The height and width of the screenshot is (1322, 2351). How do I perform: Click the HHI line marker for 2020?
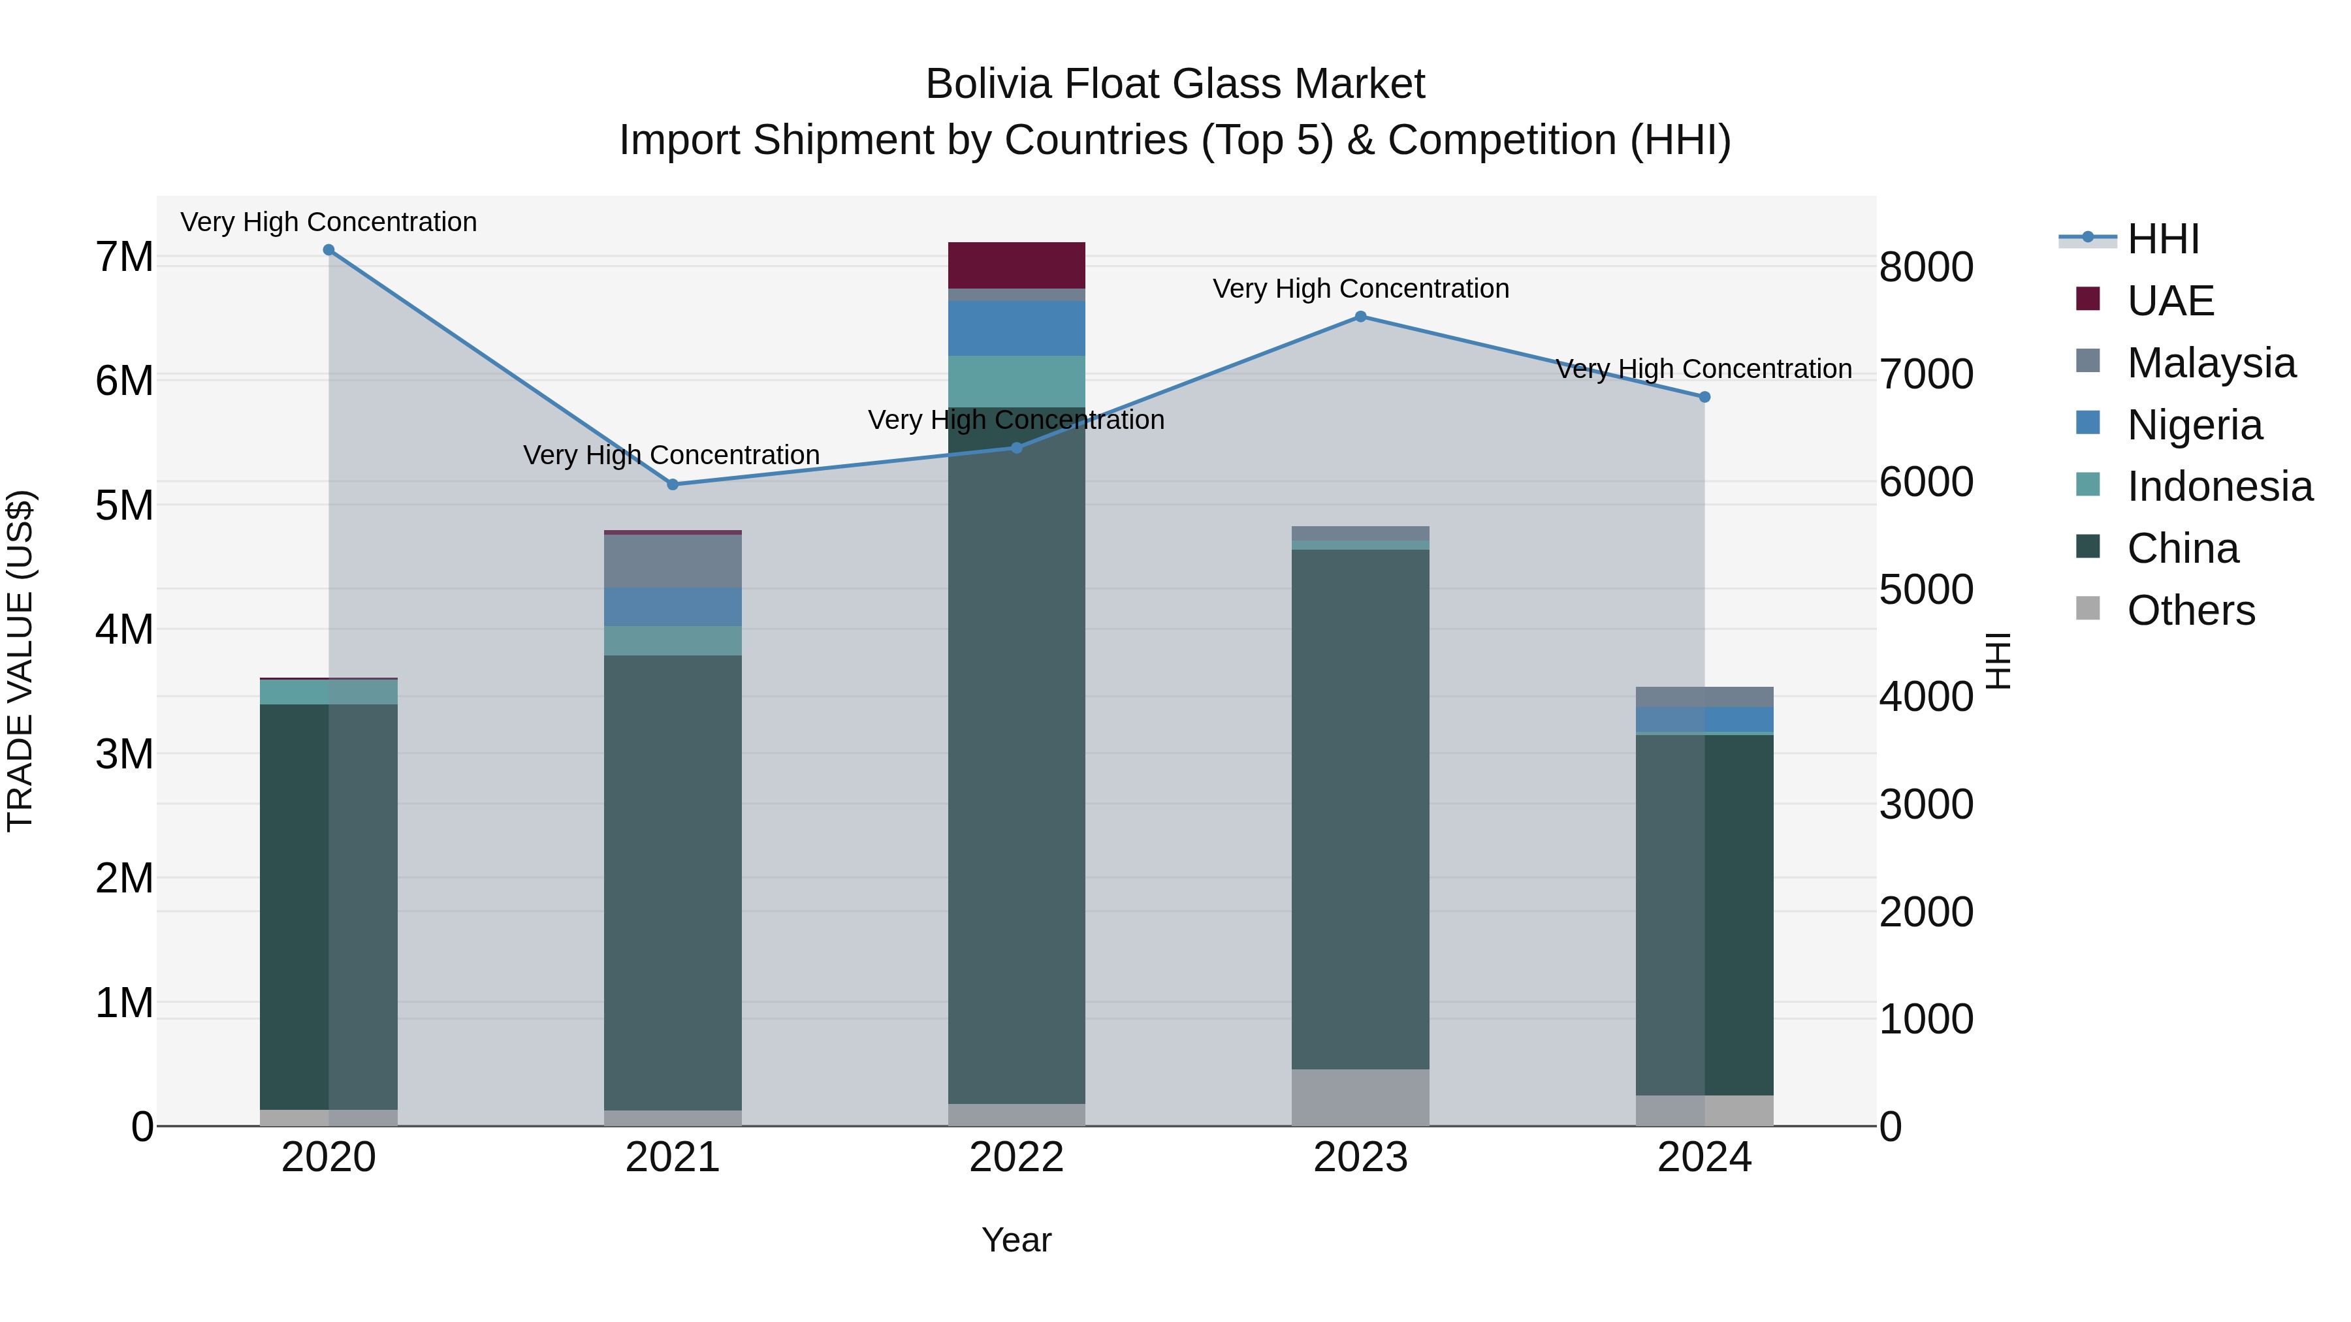328,250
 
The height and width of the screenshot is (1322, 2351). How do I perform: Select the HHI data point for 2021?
673,484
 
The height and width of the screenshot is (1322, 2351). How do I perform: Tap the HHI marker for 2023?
1360,317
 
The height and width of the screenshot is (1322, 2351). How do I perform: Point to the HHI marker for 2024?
1704,397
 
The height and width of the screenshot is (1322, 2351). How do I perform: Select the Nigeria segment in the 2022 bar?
1017,328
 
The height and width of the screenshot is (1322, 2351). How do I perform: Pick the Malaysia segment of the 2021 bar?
673,561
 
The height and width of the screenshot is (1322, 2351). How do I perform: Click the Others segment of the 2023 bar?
1360,1097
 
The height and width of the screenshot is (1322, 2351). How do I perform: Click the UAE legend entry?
2170,301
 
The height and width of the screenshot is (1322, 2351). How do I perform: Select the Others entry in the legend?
2190,610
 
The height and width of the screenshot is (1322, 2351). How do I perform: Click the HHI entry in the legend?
2163,239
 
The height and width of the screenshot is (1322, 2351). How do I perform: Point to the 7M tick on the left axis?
124,257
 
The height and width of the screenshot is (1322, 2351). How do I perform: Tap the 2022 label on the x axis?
1017,1157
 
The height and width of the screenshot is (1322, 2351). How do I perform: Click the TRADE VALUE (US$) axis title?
20,661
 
